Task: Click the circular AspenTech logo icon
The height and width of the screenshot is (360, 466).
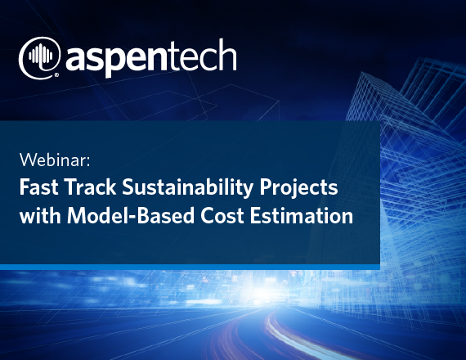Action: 39,57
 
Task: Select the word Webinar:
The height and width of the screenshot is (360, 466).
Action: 55,160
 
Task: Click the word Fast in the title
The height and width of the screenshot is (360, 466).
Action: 39,187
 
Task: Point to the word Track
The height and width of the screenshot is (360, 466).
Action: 90,187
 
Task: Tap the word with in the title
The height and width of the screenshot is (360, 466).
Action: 40,215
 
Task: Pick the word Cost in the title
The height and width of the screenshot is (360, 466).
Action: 222,215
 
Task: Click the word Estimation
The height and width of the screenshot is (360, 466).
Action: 302,215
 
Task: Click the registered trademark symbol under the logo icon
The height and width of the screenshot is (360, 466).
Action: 56,74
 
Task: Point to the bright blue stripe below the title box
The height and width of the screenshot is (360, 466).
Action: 190,267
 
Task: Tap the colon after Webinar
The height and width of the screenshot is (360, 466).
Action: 88,162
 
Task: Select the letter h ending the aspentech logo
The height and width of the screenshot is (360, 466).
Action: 228,55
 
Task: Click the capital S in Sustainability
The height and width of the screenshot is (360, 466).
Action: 128,187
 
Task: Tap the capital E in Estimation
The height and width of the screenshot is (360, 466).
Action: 256,215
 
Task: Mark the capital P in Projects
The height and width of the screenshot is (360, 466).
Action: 266,187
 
